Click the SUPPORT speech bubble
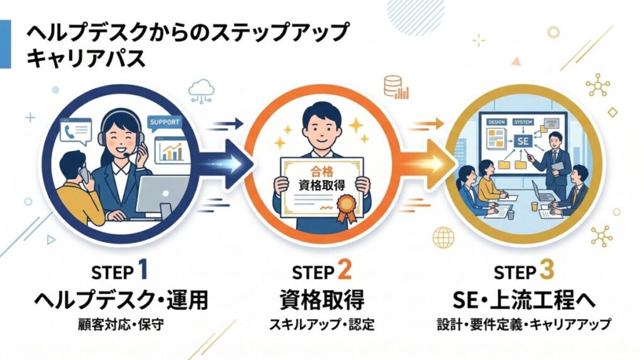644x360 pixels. pos(163,122)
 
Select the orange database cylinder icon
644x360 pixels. pos(392,84)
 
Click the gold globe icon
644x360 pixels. pos(444,237)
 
